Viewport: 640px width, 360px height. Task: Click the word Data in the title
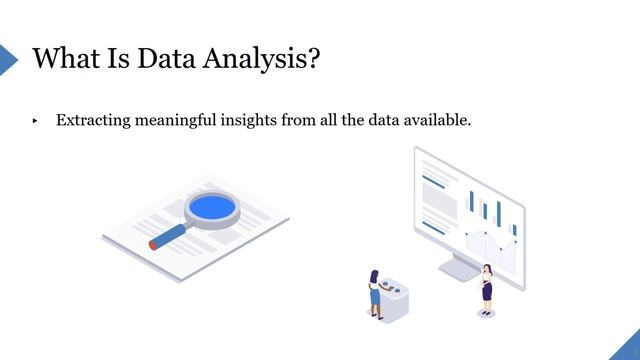point(159,58)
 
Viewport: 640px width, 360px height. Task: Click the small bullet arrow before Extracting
point(35,121)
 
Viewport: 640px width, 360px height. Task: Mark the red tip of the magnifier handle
point(153,244)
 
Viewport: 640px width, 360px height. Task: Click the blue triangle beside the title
point(8,58)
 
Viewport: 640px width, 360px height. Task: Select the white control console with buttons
point(395,301)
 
